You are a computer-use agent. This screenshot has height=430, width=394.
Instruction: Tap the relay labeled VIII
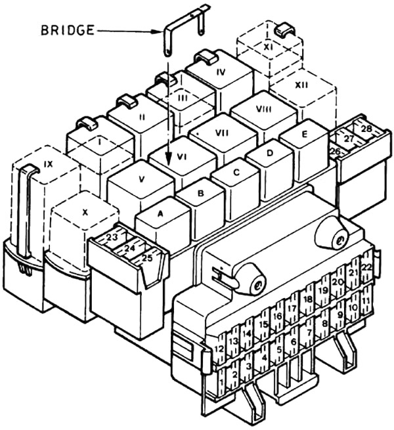(263, 110)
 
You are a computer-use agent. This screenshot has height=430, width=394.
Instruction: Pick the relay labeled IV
(221, 72)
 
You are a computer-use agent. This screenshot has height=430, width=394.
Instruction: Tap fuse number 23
(112, 238)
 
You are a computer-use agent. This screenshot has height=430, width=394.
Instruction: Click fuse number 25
(147, 257)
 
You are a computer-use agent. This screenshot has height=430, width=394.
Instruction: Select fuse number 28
(366, 129)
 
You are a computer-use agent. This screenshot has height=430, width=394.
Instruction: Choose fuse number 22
(366, 267)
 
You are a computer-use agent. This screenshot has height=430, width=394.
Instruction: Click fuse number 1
(222, 381)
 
